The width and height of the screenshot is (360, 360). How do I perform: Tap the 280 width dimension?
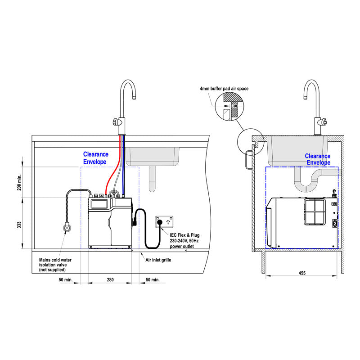tap(110, 280)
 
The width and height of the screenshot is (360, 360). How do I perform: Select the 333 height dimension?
tap(19, 224)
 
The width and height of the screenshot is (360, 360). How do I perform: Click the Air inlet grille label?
tap(158, 260)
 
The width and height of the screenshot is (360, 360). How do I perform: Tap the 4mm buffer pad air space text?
tap(224, 89)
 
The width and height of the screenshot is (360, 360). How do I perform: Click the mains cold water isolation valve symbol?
tap(67, 228)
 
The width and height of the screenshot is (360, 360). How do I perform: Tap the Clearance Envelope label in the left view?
tap(95, 158)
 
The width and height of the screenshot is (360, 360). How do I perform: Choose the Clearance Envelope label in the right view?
tap(318, 159)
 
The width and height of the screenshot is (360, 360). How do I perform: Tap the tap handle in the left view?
tap(116, 121)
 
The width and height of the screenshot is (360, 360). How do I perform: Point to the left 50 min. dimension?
tap(66, 280)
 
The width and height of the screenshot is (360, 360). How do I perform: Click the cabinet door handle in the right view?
tap(247, 160)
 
